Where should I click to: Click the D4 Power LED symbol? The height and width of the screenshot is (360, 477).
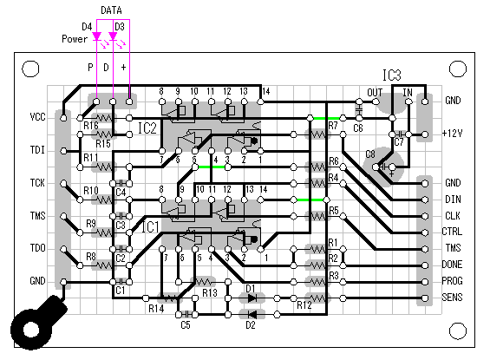click(97, 36)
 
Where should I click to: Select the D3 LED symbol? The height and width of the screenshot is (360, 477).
click(113, 36)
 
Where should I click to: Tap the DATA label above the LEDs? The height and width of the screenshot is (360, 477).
click(111, 10)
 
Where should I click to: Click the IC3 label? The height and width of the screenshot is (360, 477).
click(392, 75)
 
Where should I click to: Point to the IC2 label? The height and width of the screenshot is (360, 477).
click(147, 128)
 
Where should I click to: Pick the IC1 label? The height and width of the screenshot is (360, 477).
click(151, 227)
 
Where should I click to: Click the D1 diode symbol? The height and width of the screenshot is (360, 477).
click(252, 298)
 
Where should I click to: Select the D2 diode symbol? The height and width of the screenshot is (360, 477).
click(252, 314)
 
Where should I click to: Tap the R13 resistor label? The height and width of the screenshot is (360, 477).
click(210, 292)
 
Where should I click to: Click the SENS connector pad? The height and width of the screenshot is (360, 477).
click(425, 298)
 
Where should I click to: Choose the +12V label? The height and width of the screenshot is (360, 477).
click(453, 134)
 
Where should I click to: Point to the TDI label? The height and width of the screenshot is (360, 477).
click(37, 150)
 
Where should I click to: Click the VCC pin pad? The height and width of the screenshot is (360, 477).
click(63, 118)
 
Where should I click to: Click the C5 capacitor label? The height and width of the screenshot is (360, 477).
click(186, 325)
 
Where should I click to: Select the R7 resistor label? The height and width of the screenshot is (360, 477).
click(333, 126)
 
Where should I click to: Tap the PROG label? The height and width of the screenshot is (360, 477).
click(453, 280)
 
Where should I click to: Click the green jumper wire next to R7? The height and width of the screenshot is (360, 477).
click(326, 118)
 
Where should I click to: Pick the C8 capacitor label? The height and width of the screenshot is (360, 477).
click(370, 154)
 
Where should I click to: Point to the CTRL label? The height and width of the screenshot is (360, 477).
click(453, 232)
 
